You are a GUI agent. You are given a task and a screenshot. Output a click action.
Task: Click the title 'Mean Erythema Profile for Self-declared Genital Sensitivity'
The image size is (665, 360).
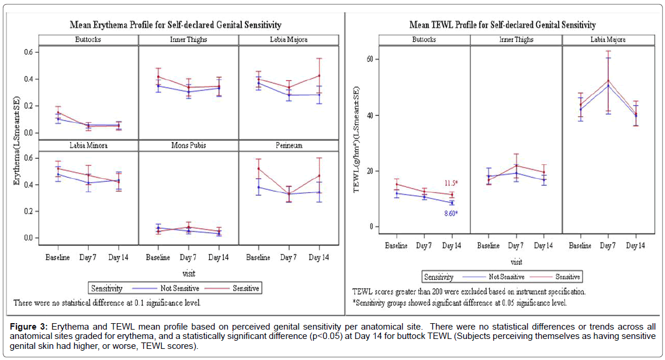coord(175,25)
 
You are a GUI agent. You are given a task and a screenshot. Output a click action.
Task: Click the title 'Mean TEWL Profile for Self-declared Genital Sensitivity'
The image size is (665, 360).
coord(503,25)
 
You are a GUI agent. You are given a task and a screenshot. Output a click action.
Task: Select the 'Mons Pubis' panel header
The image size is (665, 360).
coord(188,146)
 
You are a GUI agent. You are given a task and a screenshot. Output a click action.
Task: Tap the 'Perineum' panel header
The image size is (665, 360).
coord(289,146)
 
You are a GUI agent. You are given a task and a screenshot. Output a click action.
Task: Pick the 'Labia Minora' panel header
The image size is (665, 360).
coord(88,146)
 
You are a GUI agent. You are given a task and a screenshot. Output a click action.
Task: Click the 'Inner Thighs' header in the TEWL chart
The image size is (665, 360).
coord(516,40)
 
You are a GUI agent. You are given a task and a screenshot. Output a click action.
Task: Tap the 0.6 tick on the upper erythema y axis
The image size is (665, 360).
coord(28,52)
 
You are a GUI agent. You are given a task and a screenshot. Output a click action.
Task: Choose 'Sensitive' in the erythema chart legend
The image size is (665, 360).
coord(246,288)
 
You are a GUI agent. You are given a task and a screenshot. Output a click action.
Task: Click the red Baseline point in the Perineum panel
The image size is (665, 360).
coord(258,169)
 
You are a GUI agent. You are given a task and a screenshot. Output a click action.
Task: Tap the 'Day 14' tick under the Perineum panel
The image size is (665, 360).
coord(318,258)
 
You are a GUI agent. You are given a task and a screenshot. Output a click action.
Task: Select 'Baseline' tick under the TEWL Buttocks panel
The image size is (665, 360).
coord(396,246)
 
